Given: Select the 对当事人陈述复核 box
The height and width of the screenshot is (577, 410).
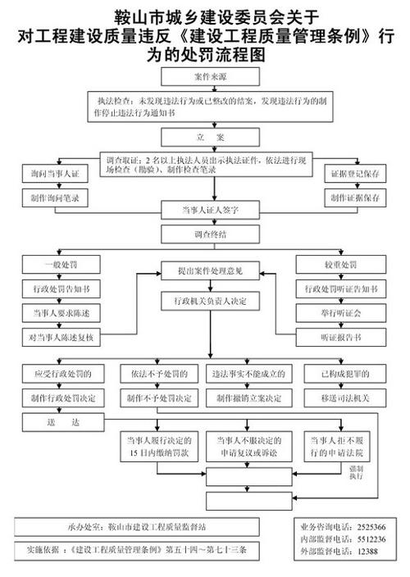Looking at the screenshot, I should point(59,336).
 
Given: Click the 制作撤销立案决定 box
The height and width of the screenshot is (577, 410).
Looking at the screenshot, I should point(249,398).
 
